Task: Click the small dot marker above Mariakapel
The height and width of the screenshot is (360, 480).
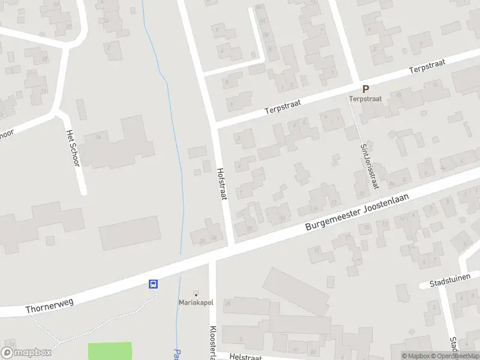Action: click(x=195, y=293)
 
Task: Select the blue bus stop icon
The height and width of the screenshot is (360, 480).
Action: click(x=154, y=284)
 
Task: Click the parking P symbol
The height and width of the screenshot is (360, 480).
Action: click(x=365, y=89)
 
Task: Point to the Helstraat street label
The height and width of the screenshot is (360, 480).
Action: click(x=245, y=357)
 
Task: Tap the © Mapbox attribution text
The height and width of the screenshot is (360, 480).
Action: click(x=416, y=356)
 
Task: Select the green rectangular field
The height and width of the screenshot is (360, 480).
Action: click(x=110, y=352)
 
